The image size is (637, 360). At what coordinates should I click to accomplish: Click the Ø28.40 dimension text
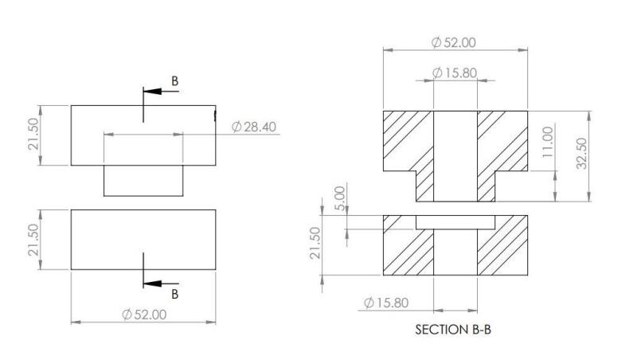[254, 127]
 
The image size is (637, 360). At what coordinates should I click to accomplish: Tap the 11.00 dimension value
[547, 143]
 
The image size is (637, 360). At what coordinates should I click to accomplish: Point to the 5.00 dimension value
[340, 196]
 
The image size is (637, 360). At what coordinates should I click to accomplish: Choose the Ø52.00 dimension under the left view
[144, 314]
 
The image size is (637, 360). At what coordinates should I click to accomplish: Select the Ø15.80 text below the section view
[386, 303]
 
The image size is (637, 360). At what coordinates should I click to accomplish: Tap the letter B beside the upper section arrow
[176, 80]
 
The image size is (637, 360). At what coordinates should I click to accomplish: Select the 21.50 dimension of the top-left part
[33, 135]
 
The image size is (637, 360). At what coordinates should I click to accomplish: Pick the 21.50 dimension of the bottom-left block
[33, 240]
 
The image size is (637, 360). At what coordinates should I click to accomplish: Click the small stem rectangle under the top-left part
[144, 180]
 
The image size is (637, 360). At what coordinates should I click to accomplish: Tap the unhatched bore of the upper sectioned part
[455, 155]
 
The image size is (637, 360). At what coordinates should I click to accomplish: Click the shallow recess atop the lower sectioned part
[455, 220]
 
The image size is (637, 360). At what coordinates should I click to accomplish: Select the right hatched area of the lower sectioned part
[501, 251]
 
